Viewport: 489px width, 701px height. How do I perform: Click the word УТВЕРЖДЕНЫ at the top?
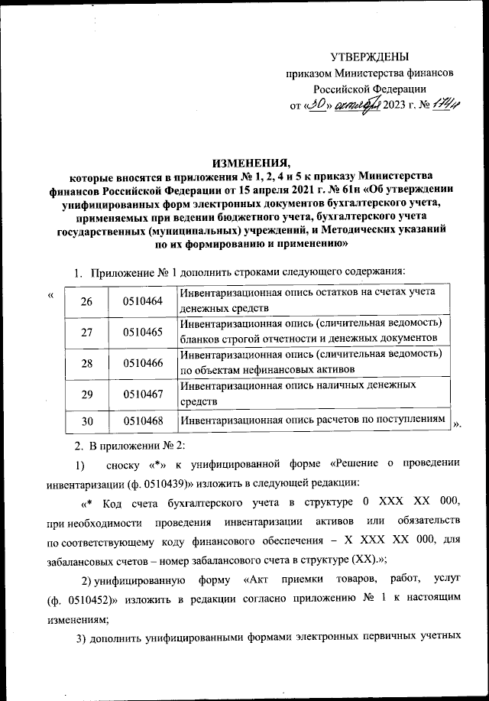(x=370, y=57)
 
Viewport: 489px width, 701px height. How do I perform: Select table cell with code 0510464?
(x=143, y=301)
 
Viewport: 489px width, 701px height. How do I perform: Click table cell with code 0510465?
(x=143, y=332)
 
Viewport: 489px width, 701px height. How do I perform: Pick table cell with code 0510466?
(x=143, y=363)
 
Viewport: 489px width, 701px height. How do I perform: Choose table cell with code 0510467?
(x=143, y=394)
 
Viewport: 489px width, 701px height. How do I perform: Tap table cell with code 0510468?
(x=143, y=420)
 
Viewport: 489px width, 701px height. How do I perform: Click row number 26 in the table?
(x=86, y=301)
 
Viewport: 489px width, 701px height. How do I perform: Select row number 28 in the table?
(x=86, y=363)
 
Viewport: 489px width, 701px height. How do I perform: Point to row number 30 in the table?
(x=86, y=420)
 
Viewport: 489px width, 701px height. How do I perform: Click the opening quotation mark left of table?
(x=50, y=294)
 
